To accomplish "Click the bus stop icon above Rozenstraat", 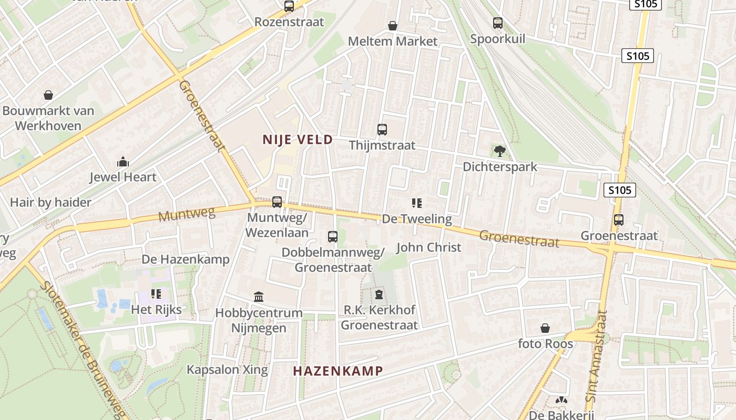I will (289, 6).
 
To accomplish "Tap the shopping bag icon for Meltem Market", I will (392, 25).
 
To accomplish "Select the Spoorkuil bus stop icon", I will (497, 23).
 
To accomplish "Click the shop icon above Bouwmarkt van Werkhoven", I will (48, 95).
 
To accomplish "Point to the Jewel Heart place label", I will (123, 177).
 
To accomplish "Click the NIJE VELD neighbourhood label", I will (298, 140).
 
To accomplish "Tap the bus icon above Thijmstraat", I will (382, 129).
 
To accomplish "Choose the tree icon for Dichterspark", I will (499, 151).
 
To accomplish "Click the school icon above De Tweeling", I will (417, 203).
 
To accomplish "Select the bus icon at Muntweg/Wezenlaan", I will (277, 202).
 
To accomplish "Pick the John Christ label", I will (428, 247).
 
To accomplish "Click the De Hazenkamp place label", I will (186, 259).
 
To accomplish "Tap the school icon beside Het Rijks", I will (156, 294).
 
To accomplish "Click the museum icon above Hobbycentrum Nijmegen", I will (259, 297).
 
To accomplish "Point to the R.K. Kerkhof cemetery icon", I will (379, 293).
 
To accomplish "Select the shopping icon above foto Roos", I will (545, 329).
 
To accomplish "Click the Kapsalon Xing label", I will (227, 370).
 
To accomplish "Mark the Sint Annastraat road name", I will (597, 357).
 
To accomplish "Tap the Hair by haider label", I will (50, 203).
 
